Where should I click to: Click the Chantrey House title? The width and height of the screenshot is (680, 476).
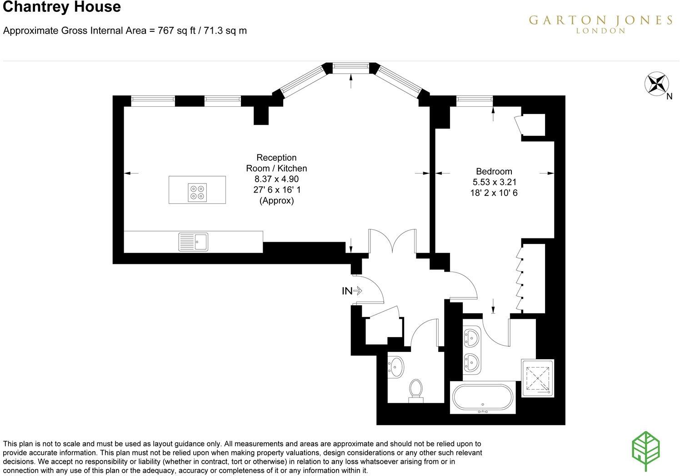[62, 7]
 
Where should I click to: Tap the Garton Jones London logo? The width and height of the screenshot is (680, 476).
[600, 24]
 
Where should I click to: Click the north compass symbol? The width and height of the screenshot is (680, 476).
[657, 84]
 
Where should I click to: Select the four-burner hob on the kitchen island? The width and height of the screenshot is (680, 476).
[197, 192]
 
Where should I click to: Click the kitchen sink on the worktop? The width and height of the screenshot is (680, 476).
[193, 242]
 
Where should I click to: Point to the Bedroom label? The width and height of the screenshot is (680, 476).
[494, 171]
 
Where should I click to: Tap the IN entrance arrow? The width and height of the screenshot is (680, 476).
[352, 291]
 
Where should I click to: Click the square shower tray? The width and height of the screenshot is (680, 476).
[537, 378]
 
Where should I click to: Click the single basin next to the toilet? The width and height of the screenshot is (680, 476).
[396, 366]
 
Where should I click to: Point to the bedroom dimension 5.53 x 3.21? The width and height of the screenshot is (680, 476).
[494, 182]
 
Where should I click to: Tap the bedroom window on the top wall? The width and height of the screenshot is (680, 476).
[474, 101]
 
